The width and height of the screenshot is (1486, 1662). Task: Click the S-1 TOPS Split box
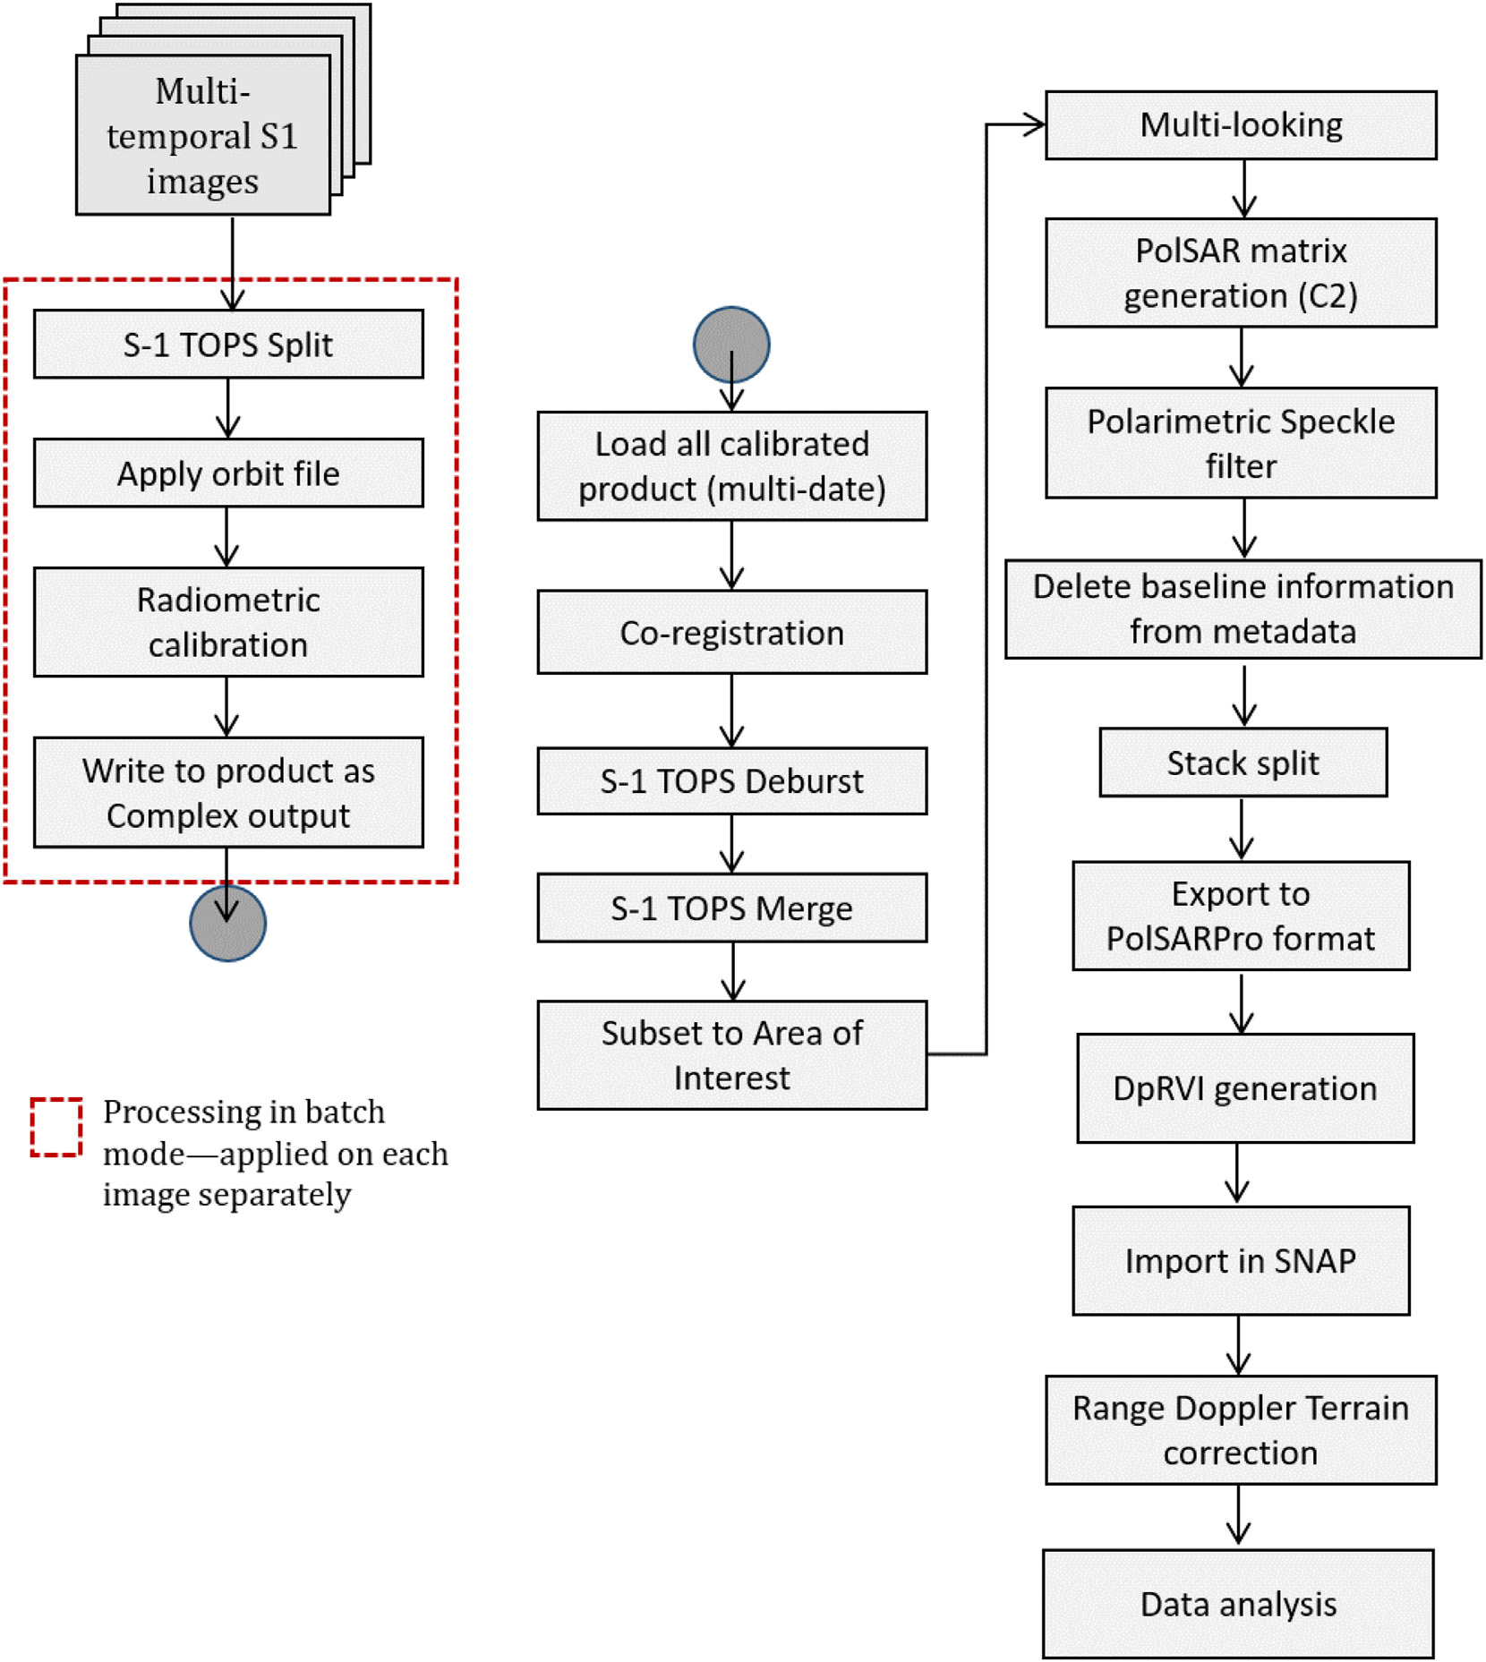[x=228, y=345]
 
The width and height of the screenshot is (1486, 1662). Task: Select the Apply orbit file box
[x=228, y=473]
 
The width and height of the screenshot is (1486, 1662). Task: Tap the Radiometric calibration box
[x=228, y=622]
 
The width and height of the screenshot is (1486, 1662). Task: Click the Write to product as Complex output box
[x=228, y=793]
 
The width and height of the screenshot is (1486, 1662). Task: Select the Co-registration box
[x=731, y=633]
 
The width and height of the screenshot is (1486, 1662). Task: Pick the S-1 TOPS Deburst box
[x=731, y=781]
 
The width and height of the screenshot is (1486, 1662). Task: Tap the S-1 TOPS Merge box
[x=731, y=908]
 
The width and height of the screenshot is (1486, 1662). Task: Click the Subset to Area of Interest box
[x=731, y=1055]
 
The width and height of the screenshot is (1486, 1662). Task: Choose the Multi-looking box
[x=1241, y=125]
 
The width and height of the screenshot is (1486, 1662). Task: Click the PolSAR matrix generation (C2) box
[x=1241, y=273]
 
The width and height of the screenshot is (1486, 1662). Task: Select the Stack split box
[x=1243, y=763]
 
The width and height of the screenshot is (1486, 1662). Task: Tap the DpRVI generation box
[x=1244, y=1088]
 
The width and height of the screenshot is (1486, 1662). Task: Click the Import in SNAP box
[x=1241, y=1261]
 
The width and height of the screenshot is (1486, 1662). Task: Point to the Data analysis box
[x=1238, y=1605]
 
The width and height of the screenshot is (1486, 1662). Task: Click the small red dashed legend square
[x=56, y=1127]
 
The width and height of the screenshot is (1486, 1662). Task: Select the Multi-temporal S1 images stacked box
[x=203, y=135]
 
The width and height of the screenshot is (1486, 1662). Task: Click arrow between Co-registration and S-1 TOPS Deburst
[x=731, y=711]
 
